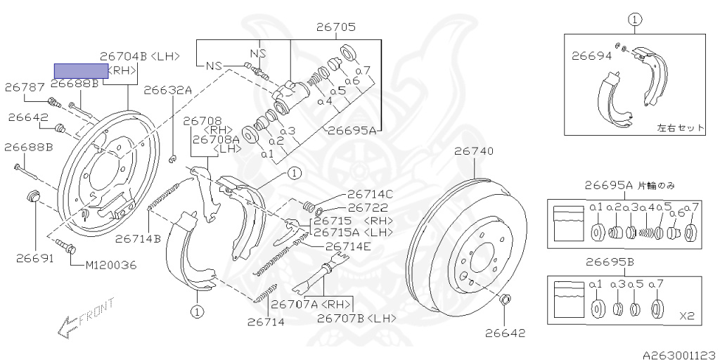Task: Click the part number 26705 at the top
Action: point(335,28)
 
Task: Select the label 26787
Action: point(25,87)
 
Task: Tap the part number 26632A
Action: point(167,90)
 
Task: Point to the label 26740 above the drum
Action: point(473,150)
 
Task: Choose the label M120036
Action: point(111,265)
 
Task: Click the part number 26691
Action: point(34,258)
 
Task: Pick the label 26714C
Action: point(370,195)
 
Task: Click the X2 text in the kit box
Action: point(687,316)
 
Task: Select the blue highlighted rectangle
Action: point(82,70)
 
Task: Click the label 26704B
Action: point(124,56)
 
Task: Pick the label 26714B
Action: point(139,238)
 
